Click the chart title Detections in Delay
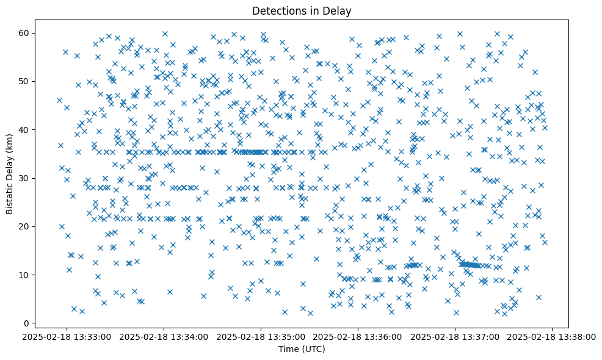click(302, 11)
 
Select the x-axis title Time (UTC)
click(302, 349)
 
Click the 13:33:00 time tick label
click(68, 336)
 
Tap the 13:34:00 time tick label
click(165, 336)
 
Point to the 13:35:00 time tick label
click(262, 336)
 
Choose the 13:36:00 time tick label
click(358, 336)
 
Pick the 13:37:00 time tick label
click(455, 336)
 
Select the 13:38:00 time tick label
click(553, 336)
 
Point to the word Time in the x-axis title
click(288, 349)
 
